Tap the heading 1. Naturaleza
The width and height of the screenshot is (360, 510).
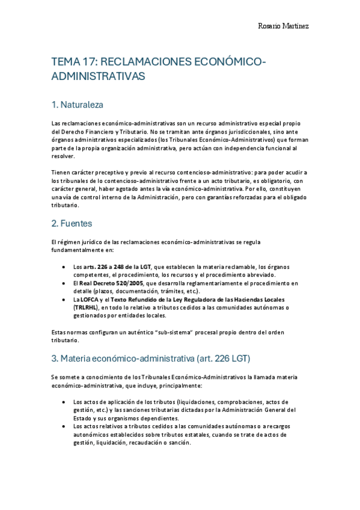78,105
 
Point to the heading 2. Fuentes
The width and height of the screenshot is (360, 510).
72,223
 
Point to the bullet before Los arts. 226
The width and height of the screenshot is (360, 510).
64,266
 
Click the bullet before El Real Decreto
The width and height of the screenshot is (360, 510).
64,283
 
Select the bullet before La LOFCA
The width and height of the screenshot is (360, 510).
64,299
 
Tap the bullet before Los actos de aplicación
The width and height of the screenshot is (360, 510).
64,402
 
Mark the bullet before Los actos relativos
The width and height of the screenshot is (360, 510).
64,426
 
